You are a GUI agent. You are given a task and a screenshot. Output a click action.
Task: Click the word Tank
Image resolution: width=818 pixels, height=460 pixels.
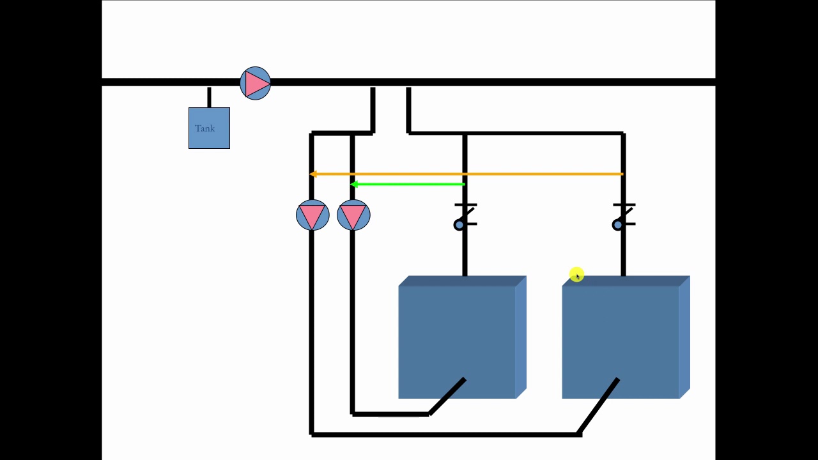tap(204, 128)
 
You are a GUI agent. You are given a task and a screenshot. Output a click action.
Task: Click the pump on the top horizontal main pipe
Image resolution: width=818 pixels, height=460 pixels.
tap(255, 83)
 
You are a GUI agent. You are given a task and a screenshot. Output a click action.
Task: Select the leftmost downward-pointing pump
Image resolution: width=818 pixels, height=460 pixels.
tap(313, 215)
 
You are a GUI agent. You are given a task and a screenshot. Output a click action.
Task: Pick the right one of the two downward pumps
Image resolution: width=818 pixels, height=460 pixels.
tap(353, 215)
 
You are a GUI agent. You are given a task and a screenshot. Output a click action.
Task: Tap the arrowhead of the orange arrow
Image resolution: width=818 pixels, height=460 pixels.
tap(313, 174)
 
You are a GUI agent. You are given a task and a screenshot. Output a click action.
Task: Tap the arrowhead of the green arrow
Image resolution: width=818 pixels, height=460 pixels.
tap(354, 185)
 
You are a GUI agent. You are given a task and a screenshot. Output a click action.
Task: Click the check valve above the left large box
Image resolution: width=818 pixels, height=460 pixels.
tap(465, 217)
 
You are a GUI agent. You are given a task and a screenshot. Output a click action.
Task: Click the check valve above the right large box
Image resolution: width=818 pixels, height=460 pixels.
tap(623, 217)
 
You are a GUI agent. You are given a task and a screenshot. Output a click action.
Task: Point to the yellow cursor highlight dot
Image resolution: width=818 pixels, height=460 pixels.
tap(576, 275)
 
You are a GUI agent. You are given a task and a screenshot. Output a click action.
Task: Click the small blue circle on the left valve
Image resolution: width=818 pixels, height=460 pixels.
tap(459, 226)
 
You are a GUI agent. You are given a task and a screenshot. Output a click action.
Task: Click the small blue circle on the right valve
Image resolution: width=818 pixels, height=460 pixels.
tap(617, 226)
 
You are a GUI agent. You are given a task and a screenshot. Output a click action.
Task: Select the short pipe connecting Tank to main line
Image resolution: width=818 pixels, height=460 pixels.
tap(209, 97)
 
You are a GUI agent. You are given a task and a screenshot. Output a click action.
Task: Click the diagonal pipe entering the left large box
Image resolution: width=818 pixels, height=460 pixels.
tap(447, 397)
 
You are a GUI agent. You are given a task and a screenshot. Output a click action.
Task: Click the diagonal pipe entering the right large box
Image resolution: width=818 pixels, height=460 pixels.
tap(598, 406)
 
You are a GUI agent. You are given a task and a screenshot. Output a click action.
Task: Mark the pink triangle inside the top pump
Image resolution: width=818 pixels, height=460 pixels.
tap(257, 84)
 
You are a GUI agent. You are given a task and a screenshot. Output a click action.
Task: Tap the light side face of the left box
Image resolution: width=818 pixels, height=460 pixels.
tap(521, 337)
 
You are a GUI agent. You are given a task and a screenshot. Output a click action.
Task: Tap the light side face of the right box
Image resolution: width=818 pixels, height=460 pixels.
tap(684, 337)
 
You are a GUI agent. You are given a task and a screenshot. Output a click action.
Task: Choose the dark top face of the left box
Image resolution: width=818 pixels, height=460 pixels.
tap(462, 281)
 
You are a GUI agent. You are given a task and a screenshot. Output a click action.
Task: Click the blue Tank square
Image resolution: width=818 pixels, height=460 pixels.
tap(209, 128)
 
